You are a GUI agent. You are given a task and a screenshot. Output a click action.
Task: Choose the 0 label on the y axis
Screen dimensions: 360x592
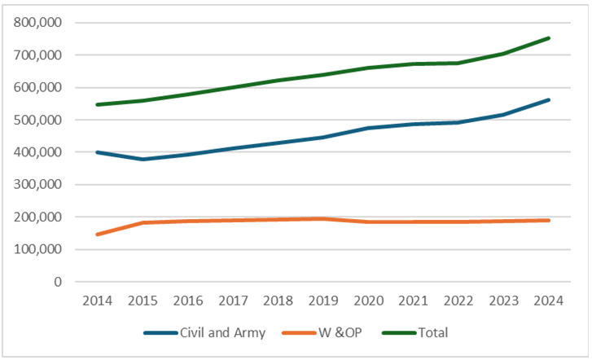(x=58, y=282)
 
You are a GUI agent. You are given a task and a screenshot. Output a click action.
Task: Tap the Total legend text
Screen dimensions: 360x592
(x=432, y=332)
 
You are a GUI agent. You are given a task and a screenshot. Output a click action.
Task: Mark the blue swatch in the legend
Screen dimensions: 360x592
(x=160, y=332)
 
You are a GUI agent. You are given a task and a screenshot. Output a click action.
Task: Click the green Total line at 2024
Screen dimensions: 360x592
(x=549, y=37)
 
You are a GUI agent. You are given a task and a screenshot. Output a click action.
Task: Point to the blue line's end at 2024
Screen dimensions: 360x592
(x=549, y=100)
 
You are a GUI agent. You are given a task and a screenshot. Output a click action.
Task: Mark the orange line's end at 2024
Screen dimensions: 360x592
(x=549, y=220)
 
